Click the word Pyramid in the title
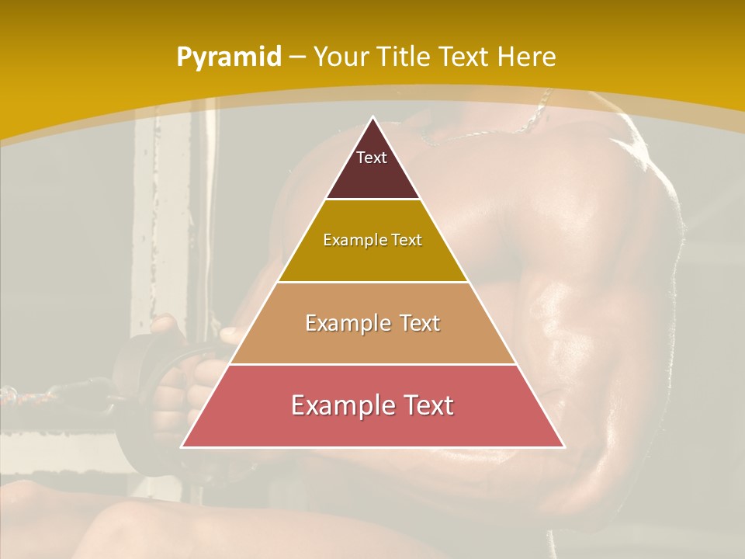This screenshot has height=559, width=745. [x=228, y=57]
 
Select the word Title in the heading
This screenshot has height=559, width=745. [x=403, y=57]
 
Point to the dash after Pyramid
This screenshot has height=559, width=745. [x=296, y=57]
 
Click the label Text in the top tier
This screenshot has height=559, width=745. [x=372, y=158]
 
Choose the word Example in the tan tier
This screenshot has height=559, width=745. [x=342, y=323]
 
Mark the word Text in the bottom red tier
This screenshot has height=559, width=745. [x=425, y=405]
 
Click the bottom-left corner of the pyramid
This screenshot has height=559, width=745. [x=182, y=446]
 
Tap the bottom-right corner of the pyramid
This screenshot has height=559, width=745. [x=563, y=446]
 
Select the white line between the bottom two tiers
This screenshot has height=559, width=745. [x=372, y=364]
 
